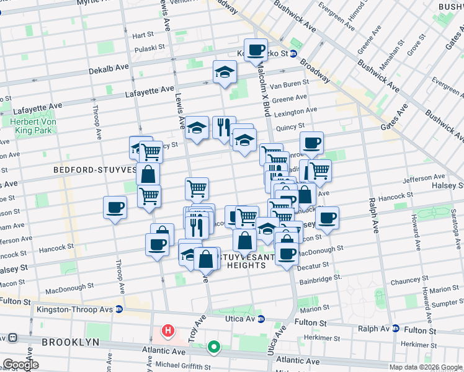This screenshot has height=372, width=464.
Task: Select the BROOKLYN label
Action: [x=70, y=342]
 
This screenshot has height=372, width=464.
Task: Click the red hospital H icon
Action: [x=167, y=330]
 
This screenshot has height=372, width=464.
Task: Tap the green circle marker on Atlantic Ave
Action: [x=213, y=347]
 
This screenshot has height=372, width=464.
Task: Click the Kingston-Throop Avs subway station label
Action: [x=76, y=309]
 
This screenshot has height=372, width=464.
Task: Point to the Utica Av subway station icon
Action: [x=261, y=319]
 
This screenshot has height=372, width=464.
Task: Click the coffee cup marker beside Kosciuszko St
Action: [x=256, y=49]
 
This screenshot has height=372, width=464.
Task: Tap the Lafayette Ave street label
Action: [x=149, y=90]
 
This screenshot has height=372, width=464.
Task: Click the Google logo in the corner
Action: [x=20, y=365]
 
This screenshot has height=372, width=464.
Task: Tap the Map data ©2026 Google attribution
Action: [x=426, y=367]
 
